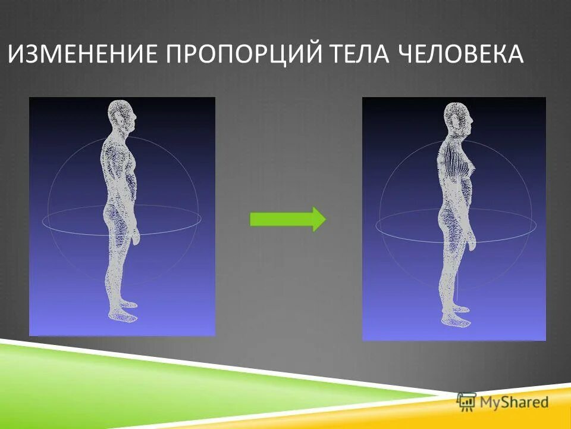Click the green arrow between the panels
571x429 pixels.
(287, 219)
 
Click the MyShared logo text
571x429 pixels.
(514, 402)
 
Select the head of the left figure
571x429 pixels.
(122, 117)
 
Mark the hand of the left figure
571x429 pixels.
(136, 236)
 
